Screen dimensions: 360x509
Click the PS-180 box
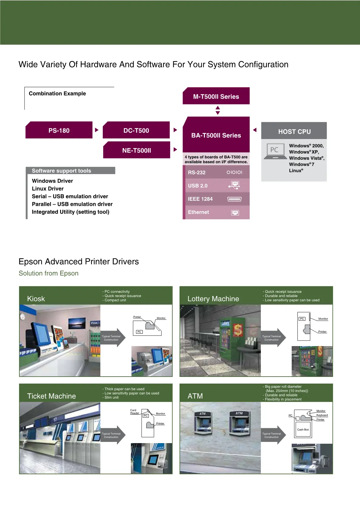point(59,130)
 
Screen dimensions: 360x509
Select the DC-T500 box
point(136,130)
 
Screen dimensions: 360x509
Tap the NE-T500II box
point(137,150)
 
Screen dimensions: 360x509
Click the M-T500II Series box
point(216,96)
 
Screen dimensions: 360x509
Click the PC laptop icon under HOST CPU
point(275,151)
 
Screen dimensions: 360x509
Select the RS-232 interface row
point(216,172)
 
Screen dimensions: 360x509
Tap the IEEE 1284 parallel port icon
point(234,199)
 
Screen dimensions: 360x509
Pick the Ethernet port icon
point(235,212)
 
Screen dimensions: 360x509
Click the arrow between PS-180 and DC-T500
point(97,130)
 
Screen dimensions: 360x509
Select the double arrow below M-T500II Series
point(218,110)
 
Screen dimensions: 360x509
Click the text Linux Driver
point(48,189)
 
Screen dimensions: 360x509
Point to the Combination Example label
point(57,93)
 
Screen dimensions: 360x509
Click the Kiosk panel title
point(36,299)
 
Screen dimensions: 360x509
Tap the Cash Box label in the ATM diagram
point(303,430)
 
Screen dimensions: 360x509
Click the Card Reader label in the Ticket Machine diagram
point(135,411)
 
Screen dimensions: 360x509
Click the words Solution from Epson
point(48,273)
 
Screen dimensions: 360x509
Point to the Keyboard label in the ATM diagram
point(322,415)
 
